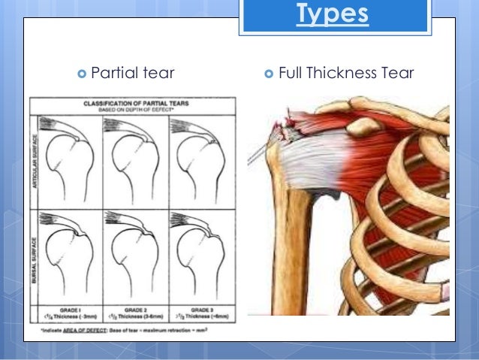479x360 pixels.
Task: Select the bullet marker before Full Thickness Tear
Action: [x=269, y=74]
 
